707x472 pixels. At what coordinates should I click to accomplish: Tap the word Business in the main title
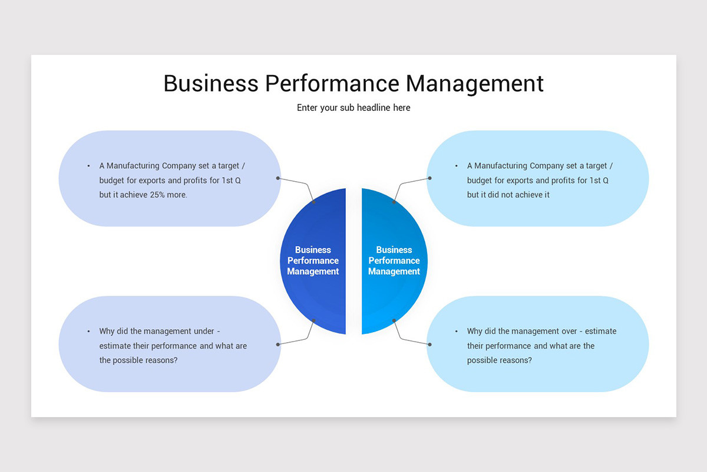[210, 84]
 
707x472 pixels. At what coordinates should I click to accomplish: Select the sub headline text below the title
[353, 108]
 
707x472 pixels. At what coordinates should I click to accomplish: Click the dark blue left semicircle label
[313, 261]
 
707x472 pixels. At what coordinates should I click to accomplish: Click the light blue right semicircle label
[394, 261]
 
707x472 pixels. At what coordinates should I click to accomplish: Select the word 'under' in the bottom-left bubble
[204, 332]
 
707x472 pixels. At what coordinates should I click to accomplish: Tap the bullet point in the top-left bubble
[88, 166]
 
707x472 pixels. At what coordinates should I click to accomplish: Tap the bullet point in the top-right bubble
[457, 166]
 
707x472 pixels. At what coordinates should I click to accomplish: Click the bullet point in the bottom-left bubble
[88, 332]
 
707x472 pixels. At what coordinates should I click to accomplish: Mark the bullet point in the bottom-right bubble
[457, 332]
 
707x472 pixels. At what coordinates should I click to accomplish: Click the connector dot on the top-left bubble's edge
[277, 178]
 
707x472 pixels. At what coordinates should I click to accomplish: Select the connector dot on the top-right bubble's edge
[430, 178]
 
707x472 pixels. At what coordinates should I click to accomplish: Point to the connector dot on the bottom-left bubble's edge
[277, 344]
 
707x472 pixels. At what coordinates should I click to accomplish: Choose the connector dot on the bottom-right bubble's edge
[430, 344]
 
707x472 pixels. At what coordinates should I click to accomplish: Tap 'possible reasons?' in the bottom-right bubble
[499, 360]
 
